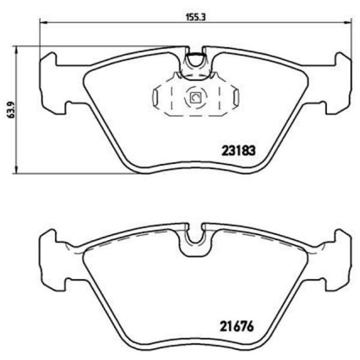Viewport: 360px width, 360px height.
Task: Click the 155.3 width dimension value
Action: [195, 17]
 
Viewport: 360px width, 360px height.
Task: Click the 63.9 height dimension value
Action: [11, 110]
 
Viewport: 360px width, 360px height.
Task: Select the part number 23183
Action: [238, 151]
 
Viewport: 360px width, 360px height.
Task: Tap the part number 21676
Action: [237, 326]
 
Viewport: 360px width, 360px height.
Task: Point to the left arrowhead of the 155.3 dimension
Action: [43, 23]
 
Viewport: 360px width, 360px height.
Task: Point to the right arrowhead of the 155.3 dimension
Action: [347, 23]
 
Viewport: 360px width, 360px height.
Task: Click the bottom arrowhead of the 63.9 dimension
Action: [16, 170]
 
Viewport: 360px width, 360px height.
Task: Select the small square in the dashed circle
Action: [196, 98]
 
